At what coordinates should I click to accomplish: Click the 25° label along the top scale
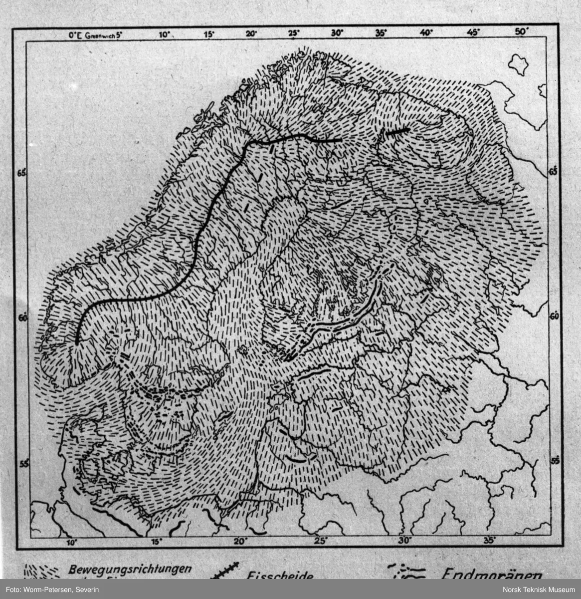pos(294,34)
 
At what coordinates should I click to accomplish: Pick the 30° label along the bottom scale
pos(404,541)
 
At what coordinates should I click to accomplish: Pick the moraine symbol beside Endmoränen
pos(408,572)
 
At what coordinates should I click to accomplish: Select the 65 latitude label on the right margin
pos(552,172)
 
